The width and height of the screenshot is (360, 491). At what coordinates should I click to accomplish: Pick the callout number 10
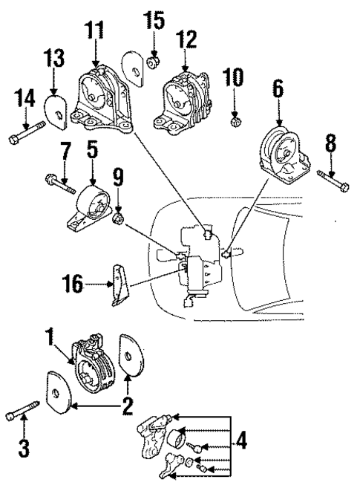[233, 77]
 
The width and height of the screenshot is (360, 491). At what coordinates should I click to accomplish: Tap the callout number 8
[331, 141]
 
